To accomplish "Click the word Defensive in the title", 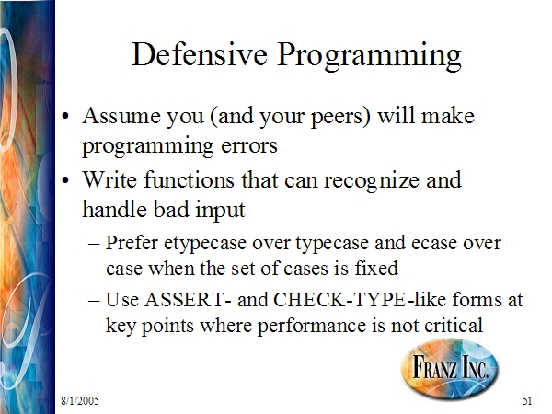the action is (200, 54).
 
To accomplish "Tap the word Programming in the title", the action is (369, 57).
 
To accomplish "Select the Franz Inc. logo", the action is (450, 368).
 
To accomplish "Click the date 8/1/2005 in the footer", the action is (80, 400).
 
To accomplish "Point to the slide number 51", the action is (527, 400).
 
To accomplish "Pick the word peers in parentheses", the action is (340, 117).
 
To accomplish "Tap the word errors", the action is (249, 145).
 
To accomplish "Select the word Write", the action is (109, 179).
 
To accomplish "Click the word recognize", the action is (371, 180).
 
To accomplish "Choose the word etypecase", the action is (205, 244).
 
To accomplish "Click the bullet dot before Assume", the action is (65, 116).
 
